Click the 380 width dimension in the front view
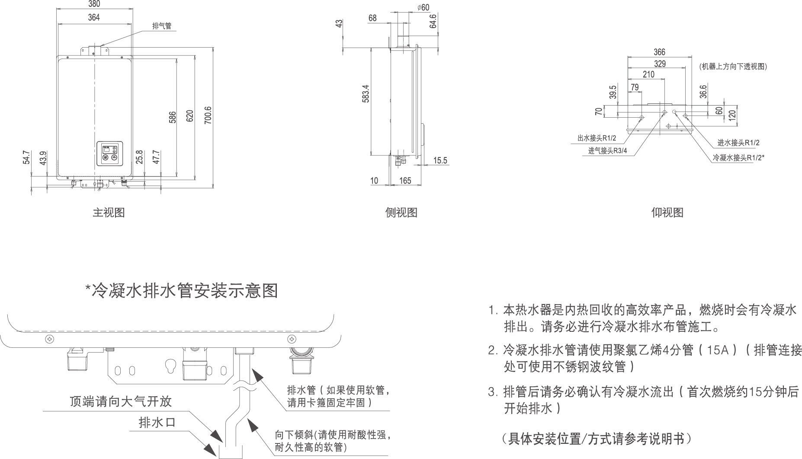point(94,4)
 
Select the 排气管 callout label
point(162,26)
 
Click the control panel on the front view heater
point(109,154)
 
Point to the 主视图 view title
point(109,212)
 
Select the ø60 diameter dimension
point(423,7)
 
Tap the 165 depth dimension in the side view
point(405,180)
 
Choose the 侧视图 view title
point(401,212)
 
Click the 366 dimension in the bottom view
point(659,52)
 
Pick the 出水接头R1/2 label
point(597,138)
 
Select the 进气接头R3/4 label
point(607,151)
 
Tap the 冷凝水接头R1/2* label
point(738,158)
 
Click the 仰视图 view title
point(667,212)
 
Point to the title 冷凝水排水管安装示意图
point(182,291)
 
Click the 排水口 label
point(157,423)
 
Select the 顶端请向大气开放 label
point(121,401)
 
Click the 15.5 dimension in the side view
point(440,161)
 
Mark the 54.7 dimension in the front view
point(27,157)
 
